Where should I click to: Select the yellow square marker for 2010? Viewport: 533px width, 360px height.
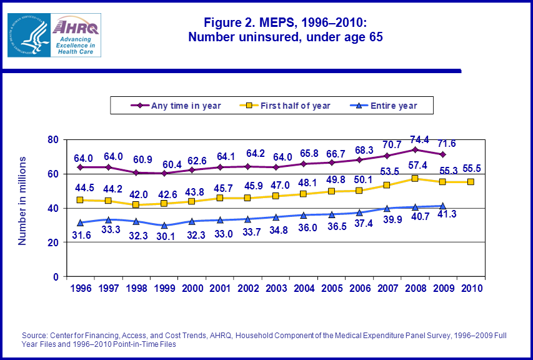coord(471,182)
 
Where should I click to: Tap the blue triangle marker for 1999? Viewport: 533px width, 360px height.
coord(164,226)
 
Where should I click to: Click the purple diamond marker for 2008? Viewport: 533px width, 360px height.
coord(414,150)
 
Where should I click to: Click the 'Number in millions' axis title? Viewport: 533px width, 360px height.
coord(22,200)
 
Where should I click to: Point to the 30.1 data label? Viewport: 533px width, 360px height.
coord(164,237)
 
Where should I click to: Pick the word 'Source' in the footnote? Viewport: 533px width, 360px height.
coord(32,335)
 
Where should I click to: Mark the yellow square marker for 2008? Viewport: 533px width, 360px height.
coord(414,179)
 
